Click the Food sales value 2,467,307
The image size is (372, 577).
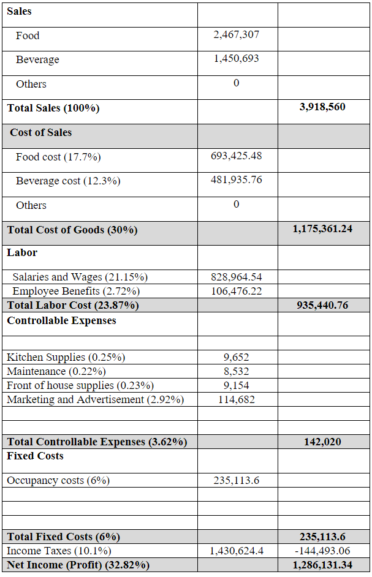click(236, 35)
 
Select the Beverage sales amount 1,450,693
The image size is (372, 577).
click(236, 59)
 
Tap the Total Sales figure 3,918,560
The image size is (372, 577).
click(322, 107)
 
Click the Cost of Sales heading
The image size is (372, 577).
click(40, 132)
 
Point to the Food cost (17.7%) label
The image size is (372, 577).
click(58, 157)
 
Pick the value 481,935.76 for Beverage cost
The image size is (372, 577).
click(236, 180)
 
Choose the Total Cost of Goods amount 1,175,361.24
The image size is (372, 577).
click(322, 229)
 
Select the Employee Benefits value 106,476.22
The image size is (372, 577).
click(236, 291)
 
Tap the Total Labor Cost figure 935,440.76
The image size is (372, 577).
click(322, 305)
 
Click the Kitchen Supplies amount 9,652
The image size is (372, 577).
click(236, 357)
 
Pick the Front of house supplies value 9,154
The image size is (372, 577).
click(236, 385)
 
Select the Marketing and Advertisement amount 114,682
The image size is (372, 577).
click(236, 399)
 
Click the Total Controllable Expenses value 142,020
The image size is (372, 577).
click(322, 442)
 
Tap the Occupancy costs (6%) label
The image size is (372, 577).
click(58, 480)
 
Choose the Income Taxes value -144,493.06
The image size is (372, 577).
click(322, 551)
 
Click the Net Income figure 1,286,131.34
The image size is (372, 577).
click(322, 565)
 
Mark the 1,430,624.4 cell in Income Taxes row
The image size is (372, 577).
click(236, 551)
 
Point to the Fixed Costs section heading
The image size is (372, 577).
click(35, 456)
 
